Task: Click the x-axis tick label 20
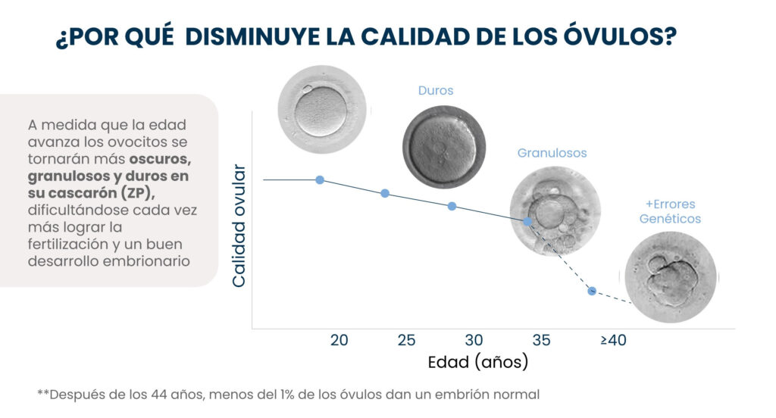[x=339, y=340]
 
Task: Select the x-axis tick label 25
[x=406, y=340]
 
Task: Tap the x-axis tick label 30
[x=474, y=340]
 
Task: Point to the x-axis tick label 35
[x=541, y=340]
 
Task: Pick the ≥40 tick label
[x=613, y=340]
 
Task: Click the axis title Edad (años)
[x=477, y=362]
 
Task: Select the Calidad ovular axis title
[x=239, y=225]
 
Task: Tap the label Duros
[x=436, y=91]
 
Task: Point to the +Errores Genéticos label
[x=670, y=211]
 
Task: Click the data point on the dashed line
[x=592, y=291]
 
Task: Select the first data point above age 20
[x=320, y=179]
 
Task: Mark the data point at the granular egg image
[x=527, y=221]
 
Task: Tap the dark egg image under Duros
[x=443, y=146]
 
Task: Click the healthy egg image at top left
[x=322, y=110]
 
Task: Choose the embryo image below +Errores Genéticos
[x=671, y=276]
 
